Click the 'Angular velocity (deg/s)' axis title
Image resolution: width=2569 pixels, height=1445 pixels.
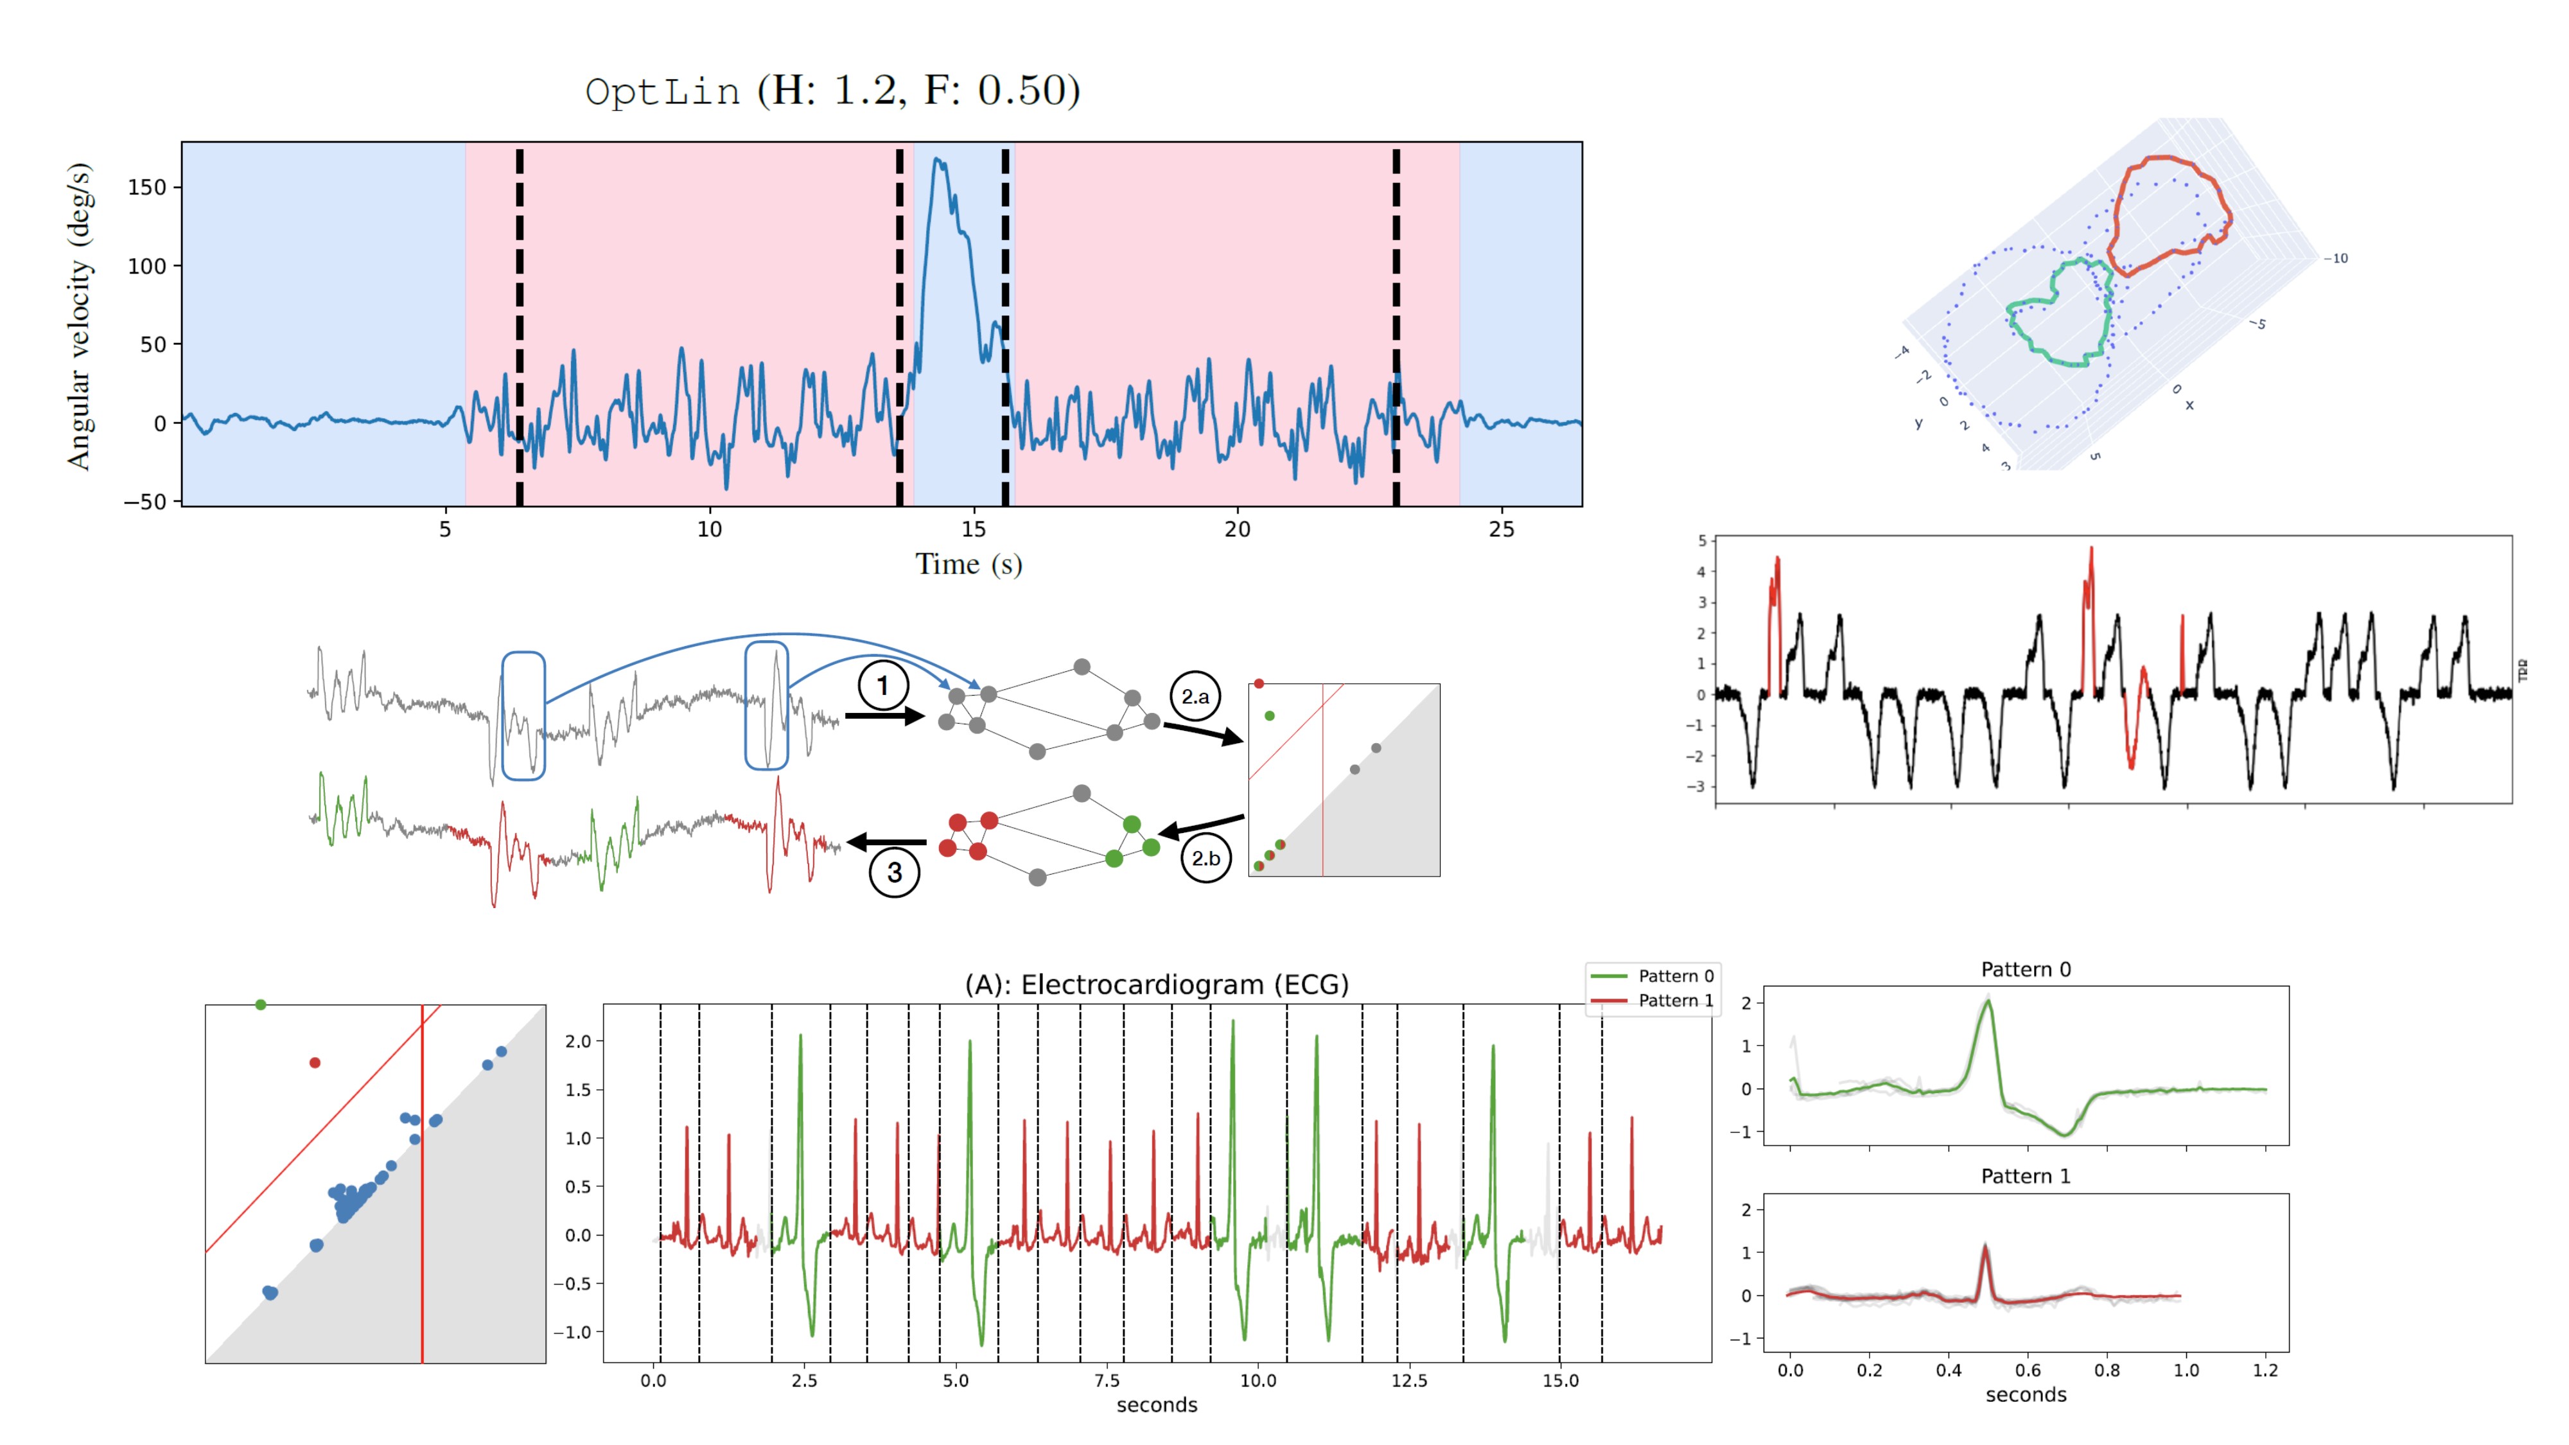[x=79, y=315]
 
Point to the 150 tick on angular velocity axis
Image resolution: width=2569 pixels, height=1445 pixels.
[x=146, y=188]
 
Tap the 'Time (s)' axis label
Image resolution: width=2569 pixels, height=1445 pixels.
[x=969, y=565]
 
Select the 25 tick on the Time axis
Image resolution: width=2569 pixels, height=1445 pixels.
[x=1501, y=530]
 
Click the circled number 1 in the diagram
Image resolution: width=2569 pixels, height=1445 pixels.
[x=882, y=686]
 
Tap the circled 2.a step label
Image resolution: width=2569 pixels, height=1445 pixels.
[x=1195, y=696]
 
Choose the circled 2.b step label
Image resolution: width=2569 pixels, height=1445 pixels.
[x=1205, y=857]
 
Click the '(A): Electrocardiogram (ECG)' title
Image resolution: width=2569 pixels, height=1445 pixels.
[x=1156, y=985]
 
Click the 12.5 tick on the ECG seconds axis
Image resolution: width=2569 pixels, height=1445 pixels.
[x=1408, y=1381]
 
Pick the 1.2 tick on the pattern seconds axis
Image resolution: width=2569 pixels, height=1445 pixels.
[x=2265, y=1371]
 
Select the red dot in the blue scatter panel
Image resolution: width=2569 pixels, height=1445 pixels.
[x=315, y=1063]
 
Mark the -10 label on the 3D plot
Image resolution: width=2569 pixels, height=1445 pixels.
[x=2337, y=258]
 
